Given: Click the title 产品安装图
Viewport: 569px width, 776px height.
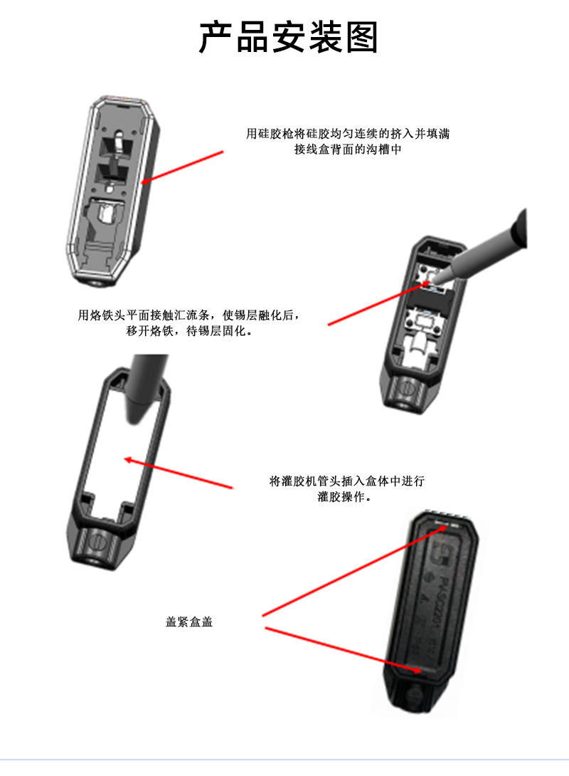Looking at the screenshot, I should pos(288,38).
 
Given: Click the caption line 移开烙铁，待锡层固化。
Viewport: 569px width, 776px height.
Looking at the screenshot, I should pos(189,332).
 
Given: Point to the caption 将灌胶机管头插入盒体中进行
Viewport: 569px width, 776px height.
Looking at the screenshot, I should pos(346,481).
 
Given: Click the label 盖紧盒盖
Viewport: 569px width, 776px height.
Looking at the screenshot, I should pos(189,622).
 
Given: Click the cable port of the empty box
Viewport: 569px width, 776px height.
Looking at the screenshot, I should pos(96,547).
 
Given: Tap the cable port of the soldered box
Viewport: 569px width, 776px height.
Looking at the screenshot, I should pos(407,389).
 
